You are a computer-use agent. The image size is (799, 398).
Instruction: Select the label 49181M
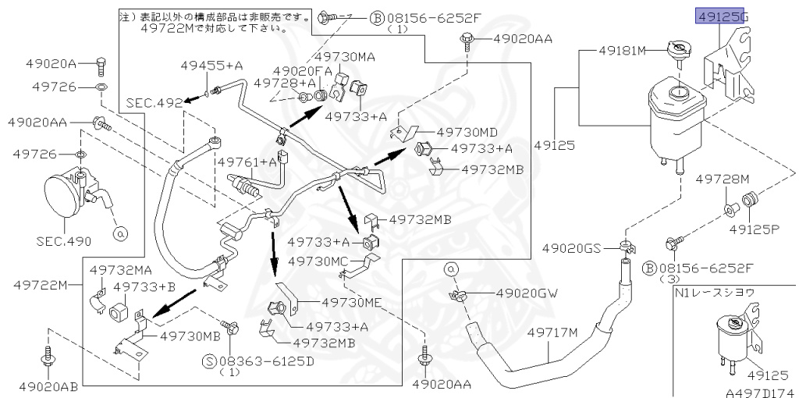click(x=623, y=52)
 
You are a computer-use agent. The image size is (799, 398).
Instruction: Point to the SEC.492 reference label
click(x=150, y=101)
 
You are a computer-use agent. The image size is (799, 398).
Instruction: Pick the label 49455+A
click(x=212, y=66)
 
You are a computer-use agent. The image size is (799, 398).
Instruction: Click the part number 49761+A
click(x=247, y=162)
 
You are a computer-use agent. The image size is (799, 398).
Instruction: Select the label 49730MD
click(x=467, y=132)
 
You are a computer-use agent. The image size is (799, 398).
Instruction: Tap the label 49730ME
click(x=349, y=304)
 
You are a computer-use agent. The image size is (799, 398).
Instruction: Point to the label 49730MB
click(x=190, y=336)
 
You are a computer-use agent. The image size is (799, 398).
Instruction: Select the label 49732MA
click(x=119, y=269)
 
